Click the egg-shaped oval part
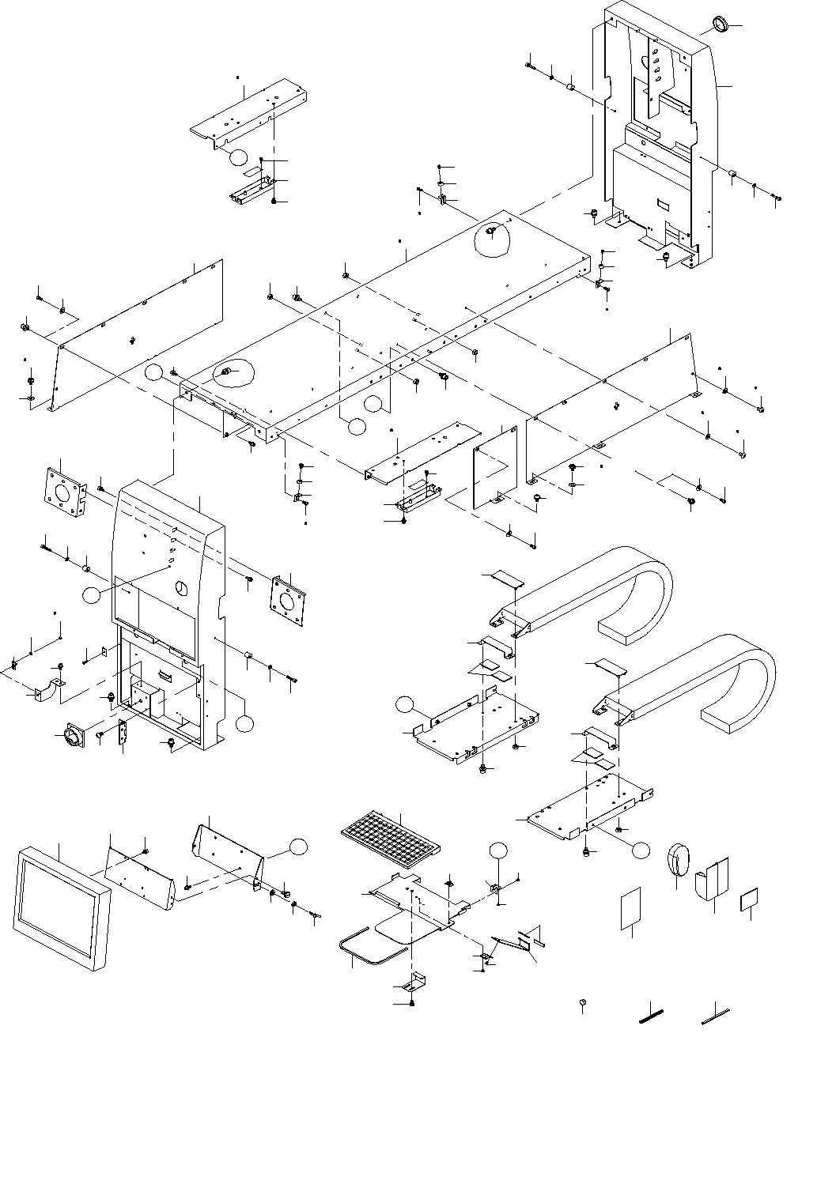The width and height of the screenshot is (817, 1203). point(679,860)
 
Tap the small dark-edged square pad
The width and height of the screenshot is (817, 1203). point(749,899)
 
